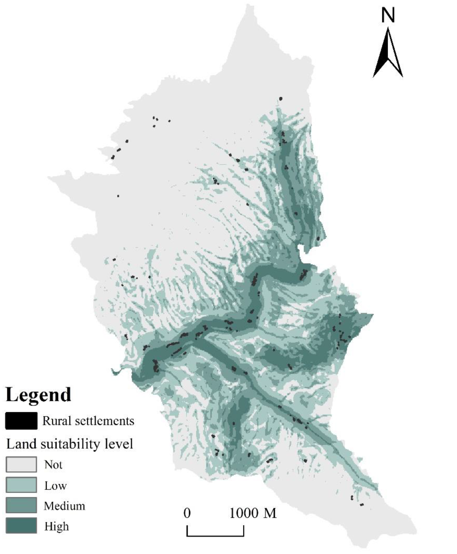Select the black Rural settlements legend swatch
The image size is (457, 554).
click(21, 421)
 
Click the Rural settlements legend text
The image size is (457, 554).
click(88, 421)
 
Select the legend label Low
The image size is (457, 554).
click(55, 485)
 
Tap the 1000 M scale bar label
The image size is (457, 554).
click(253, 513)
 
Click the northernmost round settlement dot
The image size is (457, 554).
click(281, 99)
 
